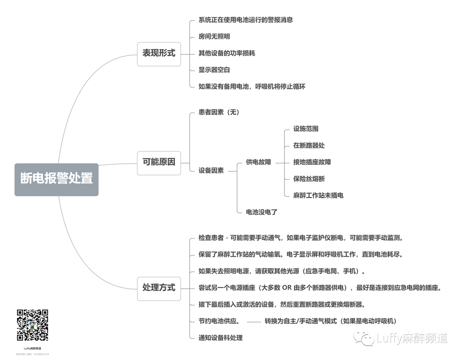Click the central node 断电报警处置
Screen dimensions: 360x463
[x=57, y=179]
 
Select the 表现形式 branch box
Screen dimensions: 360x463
[x=159, y=54]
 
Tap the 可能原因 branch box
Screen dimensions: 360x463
[x=159, y=162]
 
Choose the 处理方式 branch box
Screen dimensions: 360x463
[x=159, y=288]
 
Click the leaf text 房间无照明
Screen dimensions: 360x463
[x=214, y=36]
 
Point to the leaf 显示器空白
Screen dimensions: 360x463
[x=214, y=70]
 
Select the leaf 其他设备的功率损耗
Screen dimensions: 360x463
[x=227, y=53]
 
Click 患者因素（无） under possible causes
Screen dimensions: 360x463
[x=219, y=112]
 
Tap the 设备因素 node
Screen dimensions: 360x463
[x=211, y=171]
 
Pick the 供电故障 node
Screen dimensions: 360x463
[x=259, y=162]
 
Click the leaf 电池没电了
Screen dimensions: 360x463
[x=262, y=212]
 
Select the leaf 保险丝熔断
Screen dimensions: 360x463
[x=309, y=179]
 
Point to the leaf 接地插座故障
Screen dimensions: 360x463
[x=312, y=162]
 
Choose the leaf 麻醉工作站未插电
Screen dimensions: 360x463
[x=318, y=195]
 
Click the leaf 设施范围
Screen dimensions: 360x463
[x=306, y=129]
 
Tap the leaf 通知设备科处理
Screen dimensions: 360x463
[x=220, y=338]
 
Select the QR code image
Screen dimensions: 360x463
[x=33, y=325]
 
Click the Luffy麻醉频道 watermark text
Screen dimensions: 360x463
[x=412, y=339]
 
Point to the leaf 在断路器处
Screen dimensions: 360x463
[x=309, y=145]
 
